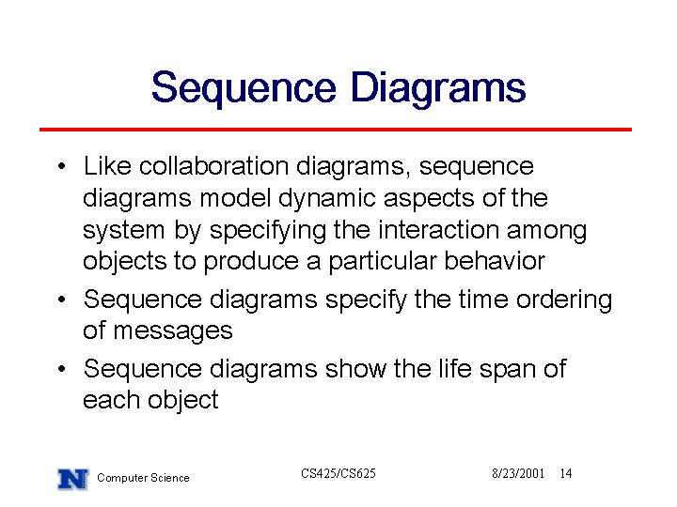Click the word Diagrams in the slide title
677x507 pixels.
pyautogui.click(x=438, y=89)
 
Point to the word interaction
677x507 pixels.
pyautogui.click(x=438, y=230)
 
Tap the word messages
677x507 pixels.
pyautogui.click(x=173, y=332)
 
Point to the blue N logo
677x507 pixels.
pyautogui.click(x=72, y=479)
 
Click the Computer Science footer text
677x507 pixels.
pyautogui.click(x=143, y=478)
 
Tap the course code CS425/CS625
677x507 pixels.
pyautogui.click(x=338, y=474)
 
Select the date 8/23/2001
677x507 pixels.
pyautogui.click(x=518, y=474)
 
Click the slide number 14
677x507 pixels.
pyautogui.click(x=566, y=474)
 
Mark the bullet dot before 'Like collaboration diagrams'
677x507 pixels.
pyautogui.click(x=62, y=166)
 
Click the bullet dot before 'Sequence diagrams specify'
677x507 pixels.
pyautogui.click(x=62, y=300)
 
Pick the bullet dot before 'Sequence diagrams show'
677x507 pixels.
pyautogui.click(x=62, y=369)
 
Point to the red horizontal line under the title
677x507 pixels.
pyautogui.click(x=336, y=130)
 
